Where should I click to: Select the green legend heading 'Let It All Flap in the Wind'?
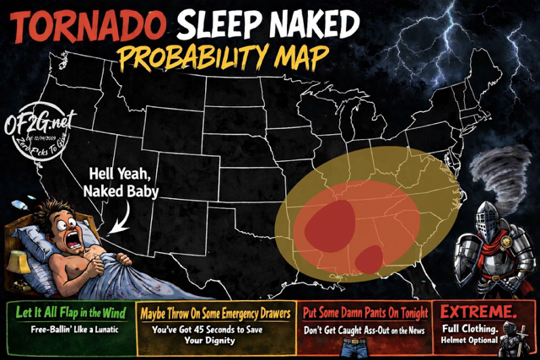(x=71, y=313)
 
